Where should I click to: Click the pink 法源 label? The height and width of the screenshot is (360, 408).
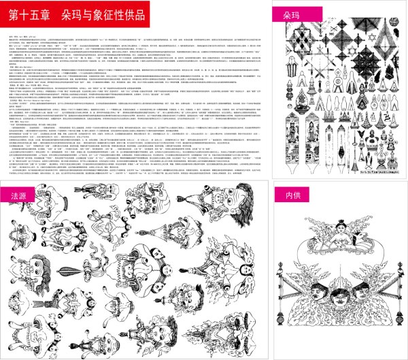point(18,175)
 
